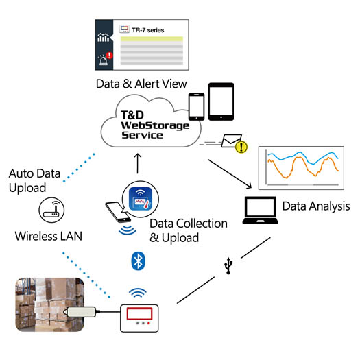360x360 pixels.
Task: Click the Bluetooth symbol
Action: pyautogui.click(x=137, y=260)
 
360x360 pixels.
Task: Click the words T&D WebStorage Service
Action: pyautogui.click(x=142, y=125)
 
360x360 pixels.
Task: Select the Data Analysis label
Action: pyautogui.click(x=316, y=206)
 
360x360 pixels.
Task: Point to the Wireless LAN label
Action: pyautogui.click(x=49, y=237)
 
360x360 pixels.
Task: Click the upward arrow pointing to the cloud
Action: pyautogui.click(x=138, y=165)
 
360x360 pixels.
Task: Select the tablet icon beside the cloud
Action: pyautogui.click(x=221, y=101)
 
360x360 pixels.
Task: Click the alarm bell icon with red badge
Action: pyautogui.click(x=104, y=59)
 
